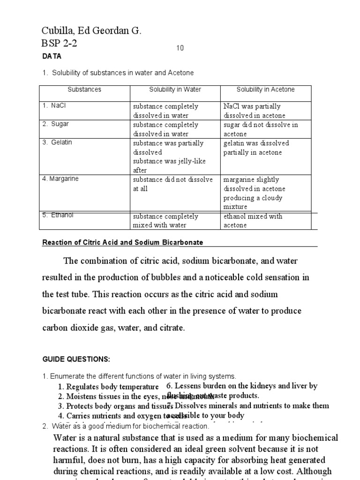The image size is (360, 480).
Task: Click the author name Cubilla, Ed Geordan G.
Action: point(91,31)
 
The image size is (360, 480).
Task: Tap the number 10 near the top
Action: point(180,49)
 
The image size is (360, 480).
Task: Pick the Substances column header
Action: point(84,90)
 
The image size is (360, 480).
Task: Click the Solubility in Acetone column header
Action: point(265,90)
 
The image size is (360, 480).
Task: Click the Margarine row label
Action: point(61,179)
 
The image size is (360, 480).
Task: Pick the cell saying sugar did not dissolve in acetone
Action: point(261,129)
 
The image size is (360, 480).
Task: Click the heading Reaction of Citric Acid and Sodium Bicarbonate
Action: point(123,242)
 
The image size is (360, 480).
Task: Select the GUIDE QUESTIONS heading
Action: point(76,359)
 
